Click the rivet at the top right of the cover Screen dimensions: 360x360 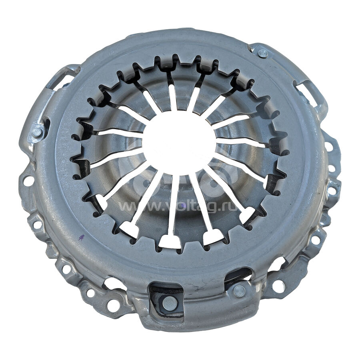click(263, 54)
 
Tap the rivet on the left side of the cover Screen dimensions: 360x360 click(37, 132)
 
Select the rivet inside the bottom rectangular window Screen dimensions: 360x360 click(170, 304)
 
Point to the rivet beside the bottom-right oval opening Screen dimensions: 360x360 click(239, 291)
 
